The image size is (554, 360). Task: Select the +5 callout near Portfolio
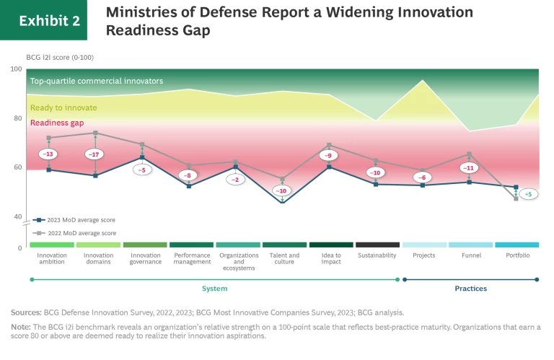(527, 195)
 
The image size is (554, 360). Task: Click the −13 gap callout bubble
(48, 154)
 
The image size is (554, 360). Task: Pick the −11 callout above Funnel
(469, 168)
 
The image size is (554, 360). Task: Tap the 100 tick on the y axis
(16, 69)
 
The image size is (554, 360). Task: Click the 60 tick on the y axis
(17, 167)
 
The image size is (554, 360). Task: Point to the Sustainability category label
(377, 255)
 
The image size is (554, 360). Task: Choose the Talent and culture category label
(283, 259)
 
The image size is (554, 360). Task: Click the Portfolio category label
(516, 255)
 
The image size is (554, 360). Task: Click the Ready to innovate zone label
(63, 107)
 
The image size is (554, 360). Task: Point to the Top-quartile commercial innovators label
(97, 81)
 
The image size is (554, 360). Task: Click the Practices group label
(470, 289)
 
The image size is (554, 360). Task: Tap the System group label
(214, 289)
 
